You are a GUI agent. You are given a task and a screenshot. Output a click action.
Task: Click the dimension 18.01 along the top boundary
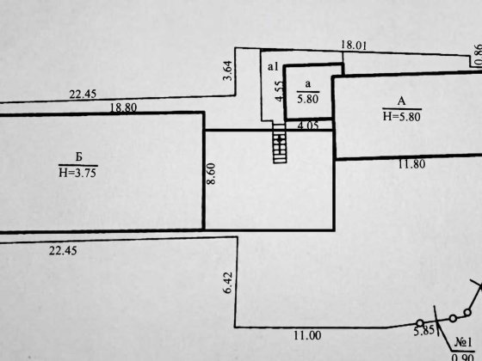point(354,46)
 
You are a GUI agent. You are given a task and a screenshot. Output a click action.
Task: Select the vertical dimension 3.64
point(228,70)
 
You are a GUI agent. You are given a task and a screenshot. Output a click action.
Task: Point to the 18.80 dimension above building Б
point(123,107)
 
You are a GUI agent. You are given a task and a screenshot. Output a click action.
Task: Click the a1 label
point(273,66)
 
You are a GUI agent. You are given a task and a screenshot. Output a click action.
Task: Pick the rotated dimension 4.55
point(279,91)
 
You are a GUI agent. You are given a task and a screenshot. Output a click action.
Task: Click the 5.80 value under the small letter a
point(308,99)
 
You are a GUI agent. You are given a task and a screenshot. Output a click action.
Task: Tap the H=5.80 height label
point(402,117)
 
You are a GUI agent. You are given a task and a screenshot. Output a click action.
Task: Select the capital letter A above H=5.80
point(401,101)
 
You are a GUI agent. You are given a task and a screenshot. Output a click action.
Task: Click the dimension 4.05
point(308,125)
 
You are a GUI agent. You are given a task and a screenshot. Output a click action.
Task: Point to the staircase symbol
point(280,143)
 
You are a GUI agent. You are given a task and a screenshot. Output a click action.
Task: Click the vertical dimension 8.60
point(211,174)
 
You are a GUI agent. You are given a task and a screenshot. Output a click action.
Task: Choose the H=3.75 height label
point(77,173)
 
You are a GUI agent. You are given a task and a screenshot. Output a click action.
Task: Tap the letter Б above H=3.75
point(79,156)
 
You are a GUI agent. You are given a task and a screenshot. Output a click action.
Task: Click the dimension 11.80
point(412,164)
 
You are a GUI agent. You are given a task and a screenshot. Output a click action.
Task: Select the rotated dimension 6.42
point(228,283)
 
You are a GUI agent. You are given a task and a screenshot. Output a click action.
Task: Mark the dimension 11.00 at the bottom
point(307,335)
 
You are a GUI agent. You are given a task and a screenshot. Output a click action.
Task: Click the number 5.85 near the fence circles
point(423,331)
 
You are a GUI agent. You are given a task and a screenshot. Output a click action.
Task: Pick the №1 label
point(463,342)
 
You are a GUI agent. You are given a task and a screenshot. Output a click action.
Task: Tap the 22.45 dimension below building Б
point(63,251)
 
